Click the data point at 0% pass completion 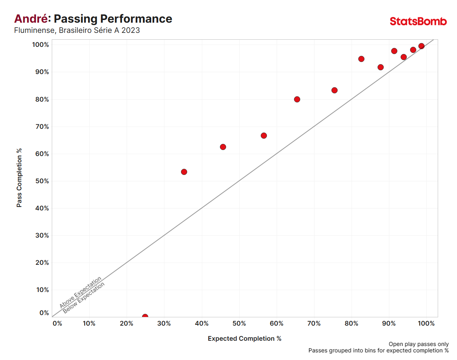coord(145,316)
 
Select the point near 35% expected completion coord(184,172)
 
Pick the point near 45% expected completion coord(223,147)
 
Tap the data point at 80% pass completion coord(297,99)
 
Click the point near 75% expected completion coord(335,90)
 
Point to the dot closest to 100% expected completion coord(421,46)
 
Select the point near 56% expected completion coord(264,136)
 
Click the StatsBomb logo coord(418,22)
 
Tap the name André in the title coord(31,19)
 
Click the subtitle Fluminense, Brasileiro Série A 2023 coord(77,30)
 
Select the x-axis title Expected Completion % coord(245,338)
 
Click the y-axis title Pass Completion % coord(19,178)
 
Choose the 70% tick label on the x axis coord(314,323)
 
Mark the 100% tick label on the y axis coord(40,45)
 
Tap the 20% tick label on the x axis coord(126,323)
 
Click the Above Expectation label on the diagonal coord(81,292)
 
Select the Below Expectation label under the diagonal coord(84,298)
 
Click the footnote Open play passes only coord(418,344)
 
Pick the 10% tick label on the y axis coord(42,290)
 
